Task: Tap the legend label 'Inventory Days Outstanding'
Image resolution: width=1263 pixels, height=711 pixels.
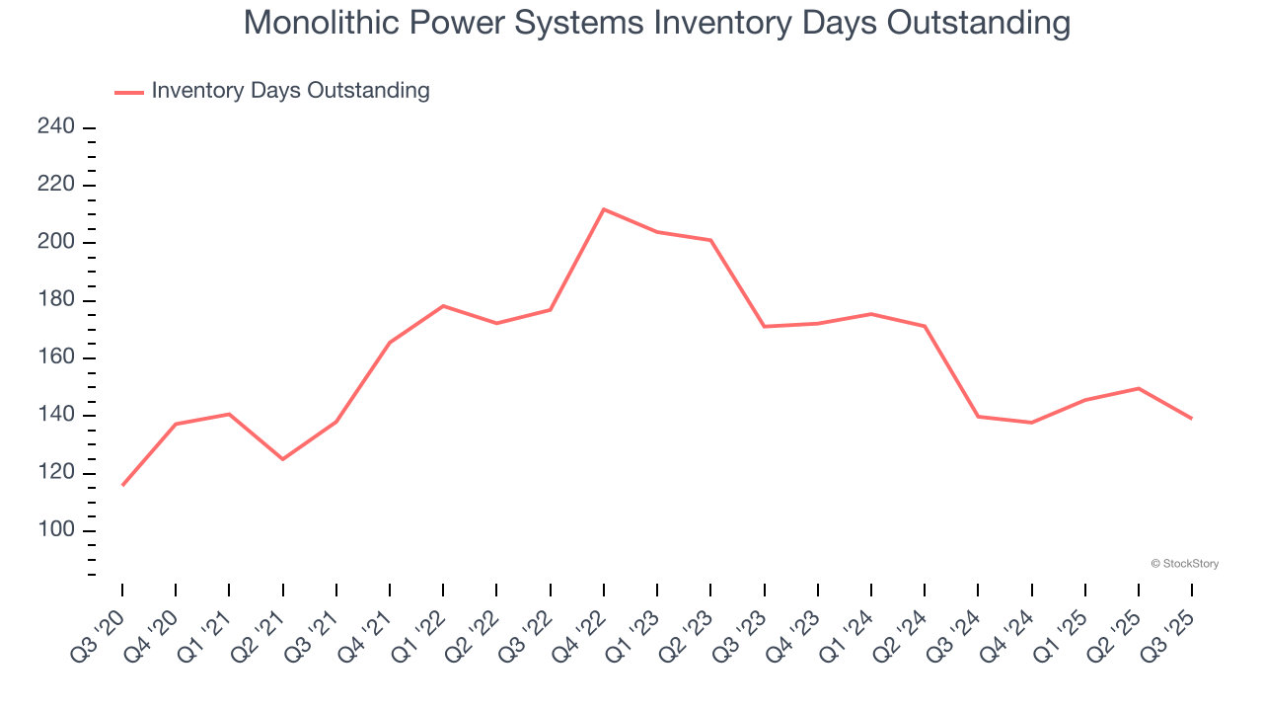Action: (290, 91)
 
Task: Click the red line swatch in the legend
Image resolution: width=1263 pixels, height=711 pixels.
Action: (129, 92)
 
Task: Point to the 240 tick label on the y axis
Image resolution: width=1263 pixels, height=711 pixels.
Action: (56, 127)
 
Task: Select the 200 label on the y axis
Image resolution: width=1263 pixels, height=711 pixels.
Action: (56, 243)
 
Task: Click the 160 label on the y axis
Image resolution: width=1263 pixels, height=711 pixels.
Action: (56, 357)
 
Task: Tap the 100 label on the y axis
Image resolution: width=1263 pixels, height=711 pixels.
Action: (56, 530)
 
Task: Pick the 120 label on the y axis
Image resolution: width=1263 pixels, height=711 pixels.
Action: (56, 473)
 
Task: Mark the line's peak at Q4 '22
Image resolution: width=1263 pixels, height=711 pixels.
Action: (604, 209)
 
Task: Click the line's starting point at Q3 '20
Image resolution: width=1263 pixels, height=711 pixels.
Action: (122, 485)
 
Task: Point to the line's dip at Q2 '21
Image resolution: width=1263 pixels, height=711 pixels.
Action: (283, 459)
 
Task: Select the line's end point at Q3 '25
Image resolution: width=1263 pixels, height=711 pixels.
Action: (1192, 419)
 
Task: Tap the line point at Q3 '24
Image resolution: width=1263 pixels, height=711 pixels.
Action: (978, 417)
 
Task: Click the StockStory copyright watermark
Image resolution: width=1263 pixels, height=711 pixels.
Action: (1185, 564)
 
